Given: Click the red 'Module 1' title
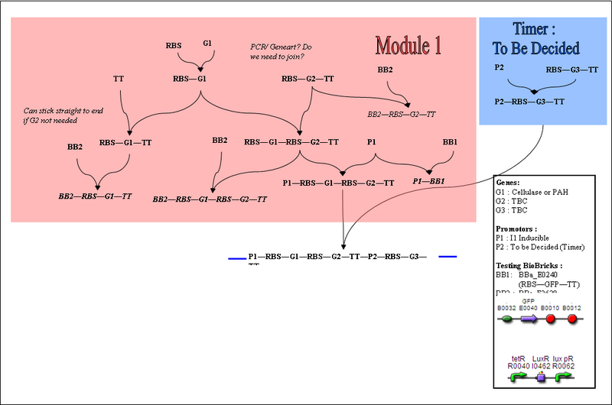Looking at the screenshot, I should (409, 45).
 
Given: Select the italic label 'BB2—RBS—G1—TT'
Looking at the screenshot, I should (96, 196).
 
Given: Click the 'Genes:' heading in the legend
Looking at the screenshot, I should (507, 183).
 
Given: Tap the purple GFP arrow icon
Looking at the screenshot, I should (528, 318).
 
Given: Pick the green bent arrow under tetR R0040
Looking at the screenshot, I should (517, 377).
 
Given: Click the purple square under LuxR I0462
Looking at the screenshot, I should (541, 377).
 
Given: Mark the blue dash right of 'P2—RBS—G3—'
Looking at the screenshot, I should (448, 257).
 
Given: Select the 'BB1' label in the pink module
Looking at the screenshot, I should (450, 141).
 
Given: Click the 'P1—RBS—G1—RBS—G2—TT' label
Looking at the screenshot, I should (338, 183).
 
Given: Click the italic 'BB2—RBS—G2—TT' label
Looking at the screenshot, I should (402, 113).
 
